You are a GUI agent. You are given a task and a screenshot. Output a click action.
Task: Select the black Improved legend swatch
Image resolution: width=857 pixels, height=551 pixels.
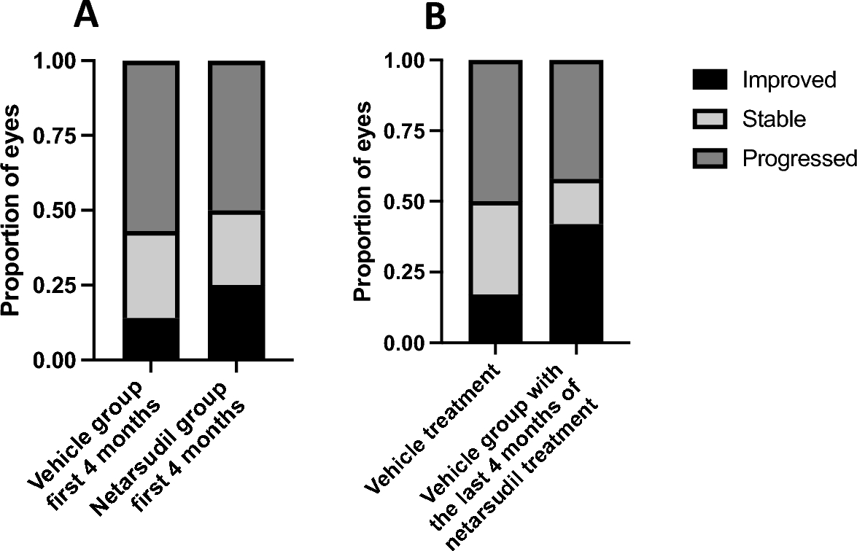[x=710, y=79]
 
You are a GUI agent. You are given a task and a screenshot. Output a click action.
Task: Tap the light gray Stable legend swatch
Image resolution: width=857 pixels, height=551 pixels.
[x=710, y=119]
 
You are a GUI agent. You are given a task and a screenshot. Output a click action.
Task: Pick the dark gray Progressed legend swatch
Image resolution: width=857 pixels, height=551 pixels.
[x=710, y=158]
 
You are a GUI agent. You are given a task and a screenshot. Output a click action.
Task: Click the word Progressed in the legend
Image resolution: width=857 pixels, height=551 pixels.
[x=799, y=159]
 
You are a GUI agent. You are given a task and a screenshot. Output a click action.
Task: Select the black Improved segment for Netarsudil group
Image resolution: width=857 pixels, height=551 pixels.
[x=236, y=322]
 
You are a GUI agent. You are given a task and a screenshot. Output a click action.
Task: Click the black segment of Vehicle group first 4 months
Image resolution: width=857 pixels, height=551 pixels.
[x=150, y=339]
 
